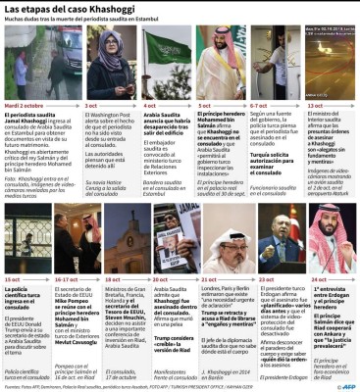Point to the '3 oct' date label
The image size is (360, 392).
91,103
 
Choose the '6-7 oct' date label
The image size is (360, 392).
260,103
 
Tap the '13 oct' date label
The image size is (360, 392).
315,103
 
